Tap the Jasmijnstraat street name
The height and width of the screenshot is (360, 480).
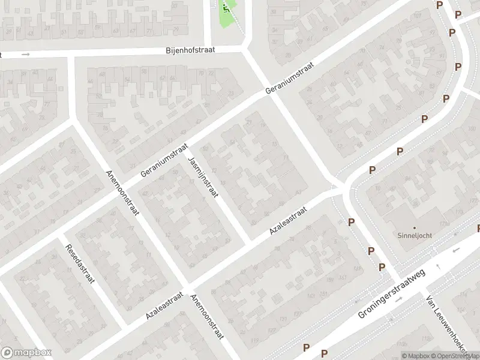pyautogui.click(x=203, y=178)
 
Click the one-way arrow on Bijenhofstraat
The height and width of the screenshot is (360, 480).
pyautogui.click(x=25, y=55)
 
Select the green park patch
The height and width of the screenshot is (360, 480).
pyautogui.click(x=227, y=15)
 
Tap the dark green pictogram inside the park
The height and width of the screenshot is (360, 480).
pyautogui.click(x=226, y=7)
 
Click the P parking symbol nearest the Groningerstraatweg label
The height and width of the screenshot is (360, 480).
pyautogui.click(x=382, y=267)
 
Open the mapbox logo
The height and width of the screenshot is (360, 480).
pyautogui.click(x=26, y=353)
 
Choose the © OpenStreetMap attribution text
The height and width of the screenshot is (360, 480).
pyautogui.click(x=455, y=356)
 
